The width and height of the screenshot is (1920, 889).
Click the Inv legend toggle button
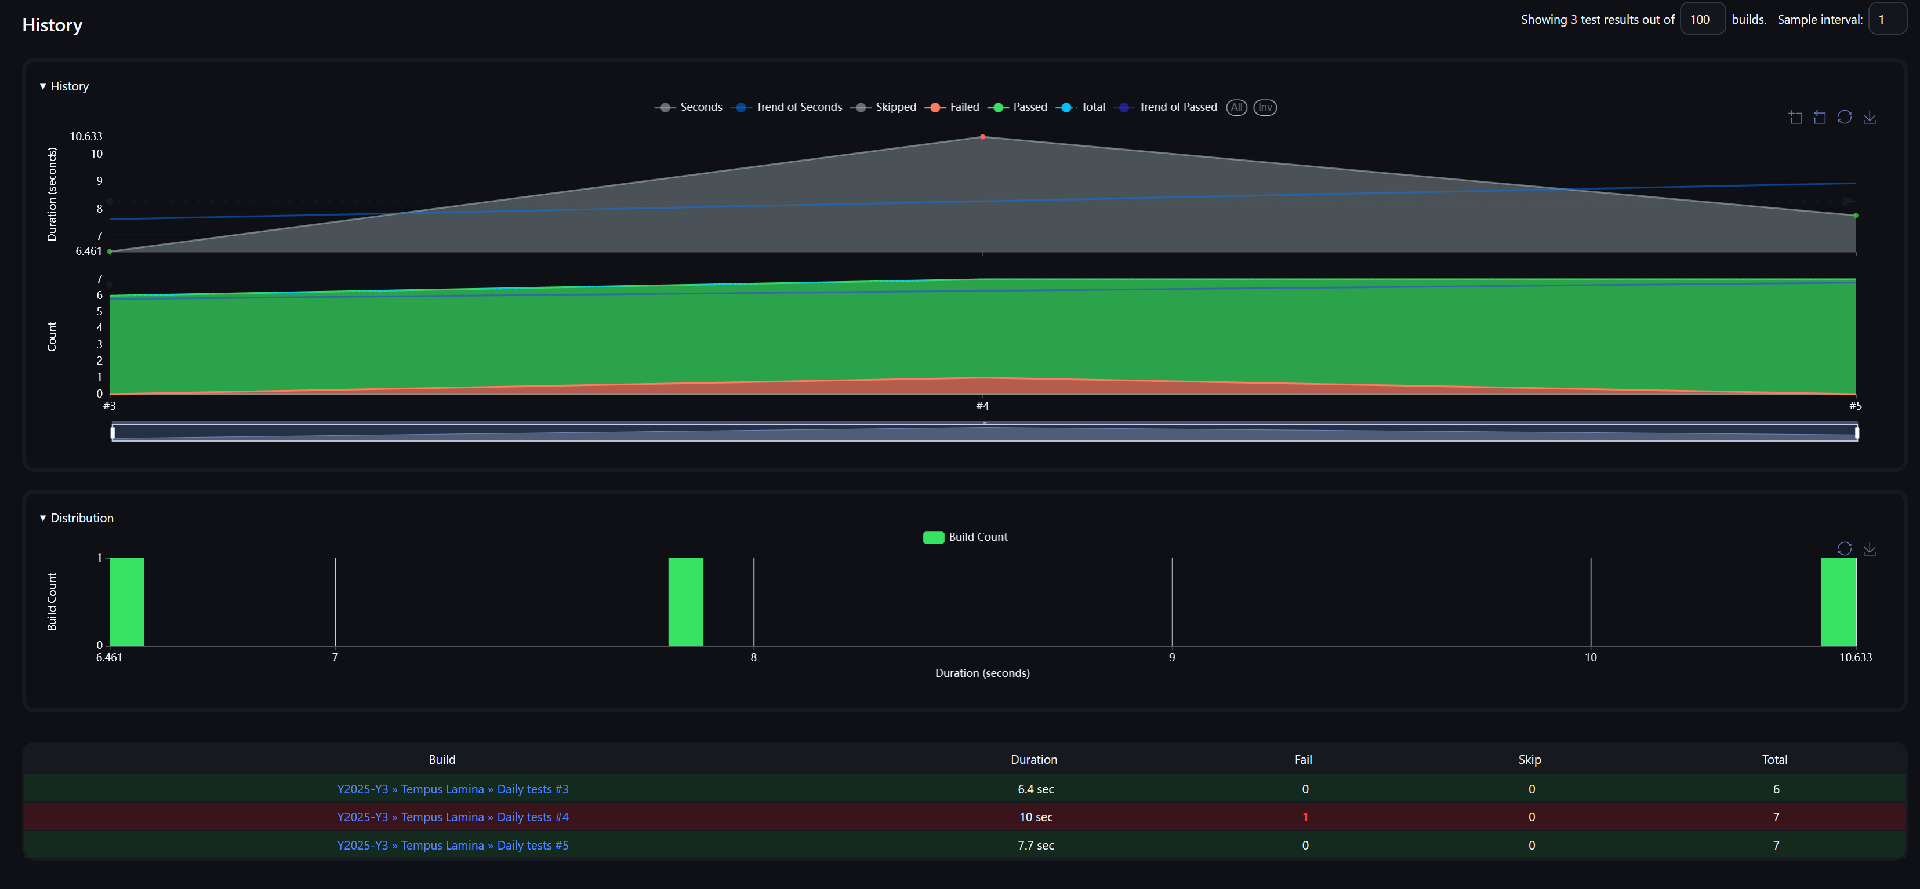click(1264, 107)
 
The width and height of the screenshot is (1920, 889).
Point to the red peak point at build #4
click(982, 137)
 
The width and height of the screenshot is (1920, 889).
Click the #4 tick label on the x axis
click(982, 405)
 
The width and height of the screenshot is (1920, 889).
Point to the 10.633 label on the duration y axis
click(86, 136)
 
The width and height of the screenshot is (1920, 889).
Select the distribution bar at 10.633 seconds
click(1838, 602)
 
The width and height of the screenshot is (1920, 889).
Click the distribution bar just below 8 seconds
click(685, 602)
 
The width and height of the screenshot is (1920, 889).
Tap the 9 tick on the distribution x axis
click(1172, 657)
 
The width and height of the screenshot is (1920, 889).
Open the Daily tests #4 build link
click(452, 817)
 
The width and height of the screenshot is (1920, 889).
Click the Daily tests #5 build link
click(452, 845)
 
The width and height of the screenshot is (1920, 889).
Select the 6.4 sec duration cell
click(1035, 789)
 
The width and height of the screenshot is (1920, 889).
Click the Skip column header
click(1529, 759)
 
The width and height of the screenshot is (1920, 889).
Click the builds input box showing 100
click(1701, 19)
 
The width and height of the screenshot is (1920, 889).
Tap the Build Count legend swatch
click(933, 537)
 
